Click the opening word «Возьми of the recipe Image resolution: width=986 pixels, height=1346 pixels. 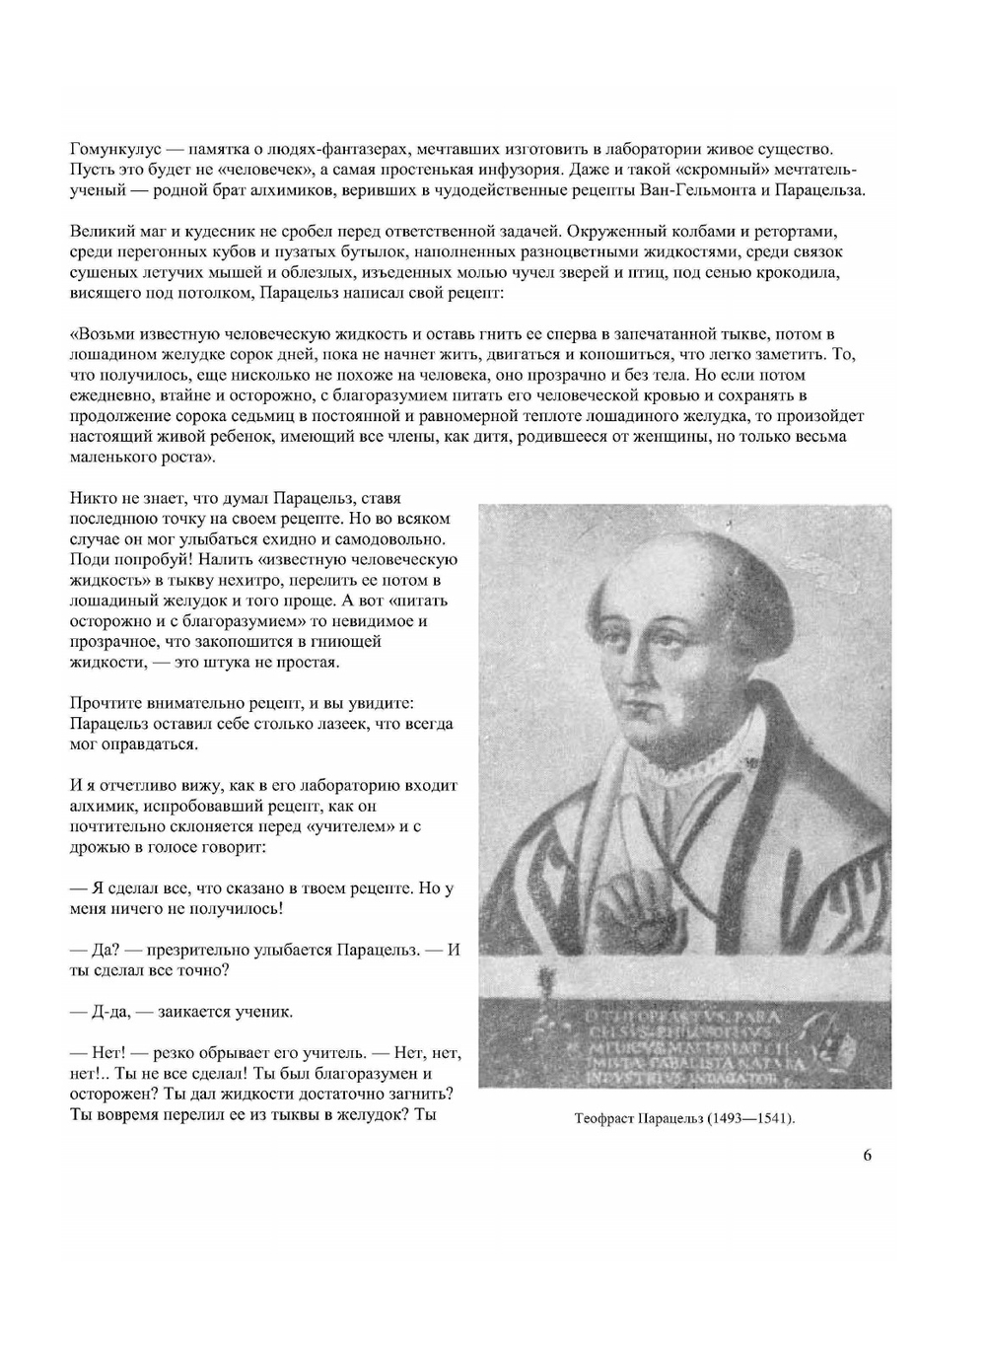(x=102, y=334)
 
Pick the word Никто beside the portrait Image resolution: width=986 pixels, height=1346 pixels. (x=92, y=498)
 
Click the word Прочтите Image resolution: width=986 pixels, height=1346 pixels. (x=107, y=703)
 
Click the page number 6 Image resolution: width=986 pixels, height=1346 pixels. (x=868, y=1156)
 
